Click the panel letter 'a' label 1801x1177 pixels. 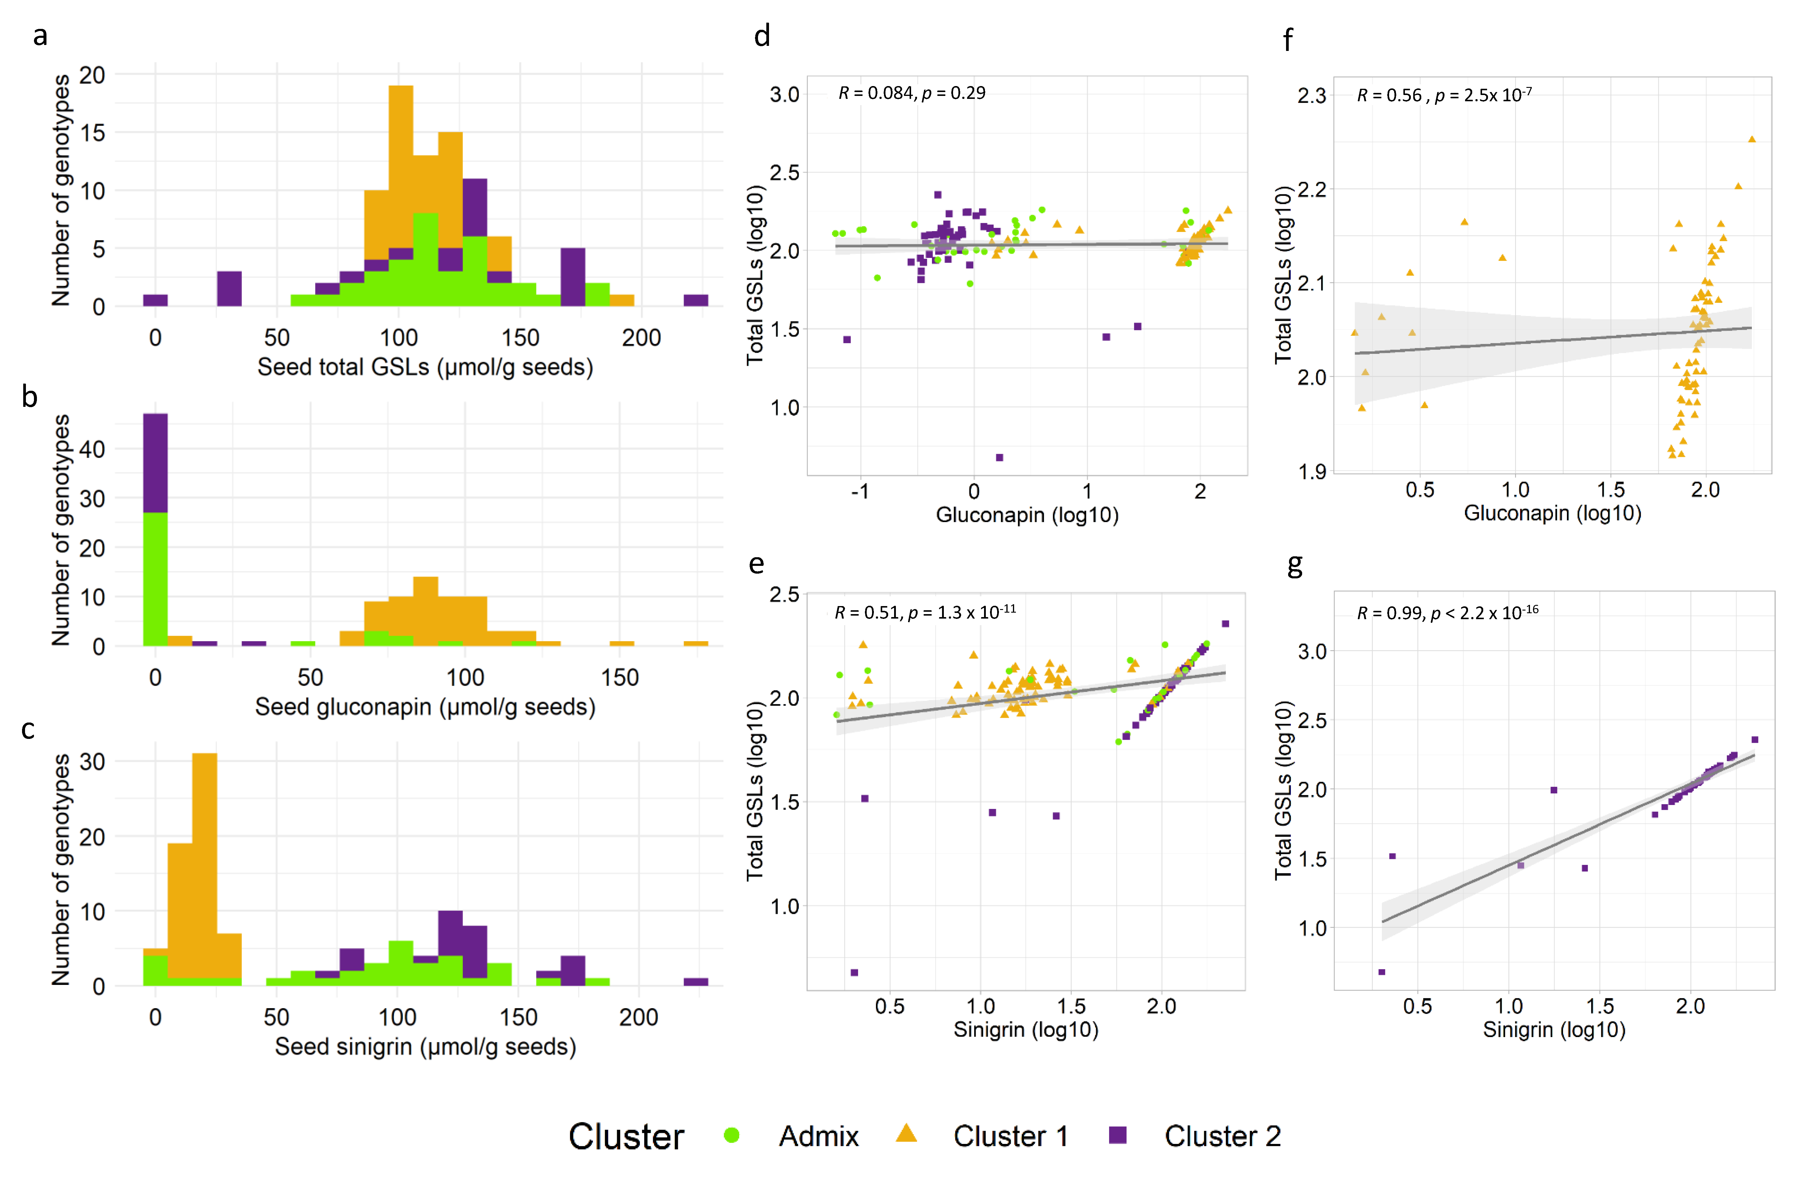[x=40, y=35]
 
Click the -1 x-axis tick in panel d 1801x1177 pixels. [x=860, y=492]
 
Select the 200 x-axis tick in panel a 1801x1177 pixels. [x=641, y=337]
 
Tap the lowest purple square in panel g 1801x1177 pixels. [x=1382, y=972]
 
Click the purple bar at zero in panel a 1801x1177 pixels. [x=155, y=301]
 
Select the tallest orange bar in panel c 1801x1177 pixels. [x=204, y=863]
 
